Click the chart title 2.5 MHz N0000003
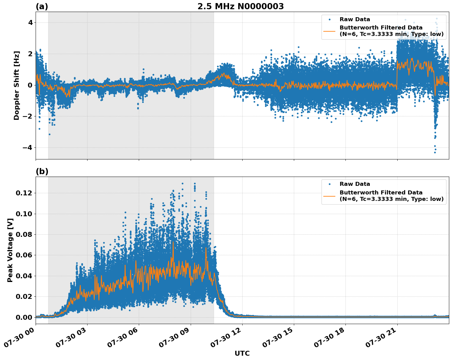240,6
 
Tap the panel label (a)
42,6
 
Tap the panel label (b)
42,171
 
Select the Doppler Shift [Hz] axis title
17,85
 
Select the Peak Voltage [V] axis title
10,257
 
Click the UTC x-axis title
242,353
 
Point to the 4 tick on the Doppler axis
30,23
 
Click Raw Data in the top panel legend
355,19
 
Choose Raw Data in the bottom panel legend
355,184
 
